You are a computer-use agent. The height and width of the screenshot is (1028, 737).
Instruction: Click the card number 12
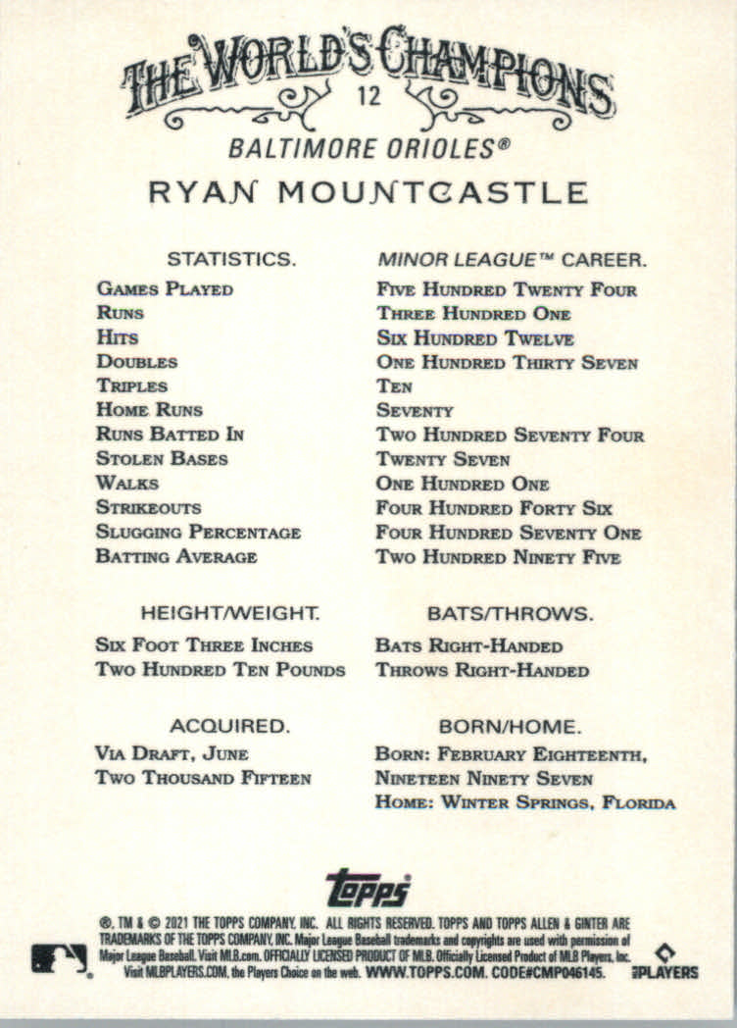pyautogui.click(x=369, y=98)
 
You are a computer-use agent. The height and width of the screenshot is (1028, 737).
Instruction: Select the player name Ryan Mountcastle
pyautogui.click(x=368, y=192)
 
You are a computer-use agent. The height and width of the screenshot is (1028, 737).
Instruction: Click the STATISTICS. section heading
pyautogui.click(x=231, y=260)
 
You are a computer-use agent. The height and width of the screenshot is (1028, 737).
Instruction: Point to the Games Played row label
pyautogui.click(x=165, y=289)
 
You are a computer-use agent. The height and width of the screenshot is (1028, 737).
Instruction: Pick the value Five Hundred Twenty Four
pyautogui.click(x=507, y=289)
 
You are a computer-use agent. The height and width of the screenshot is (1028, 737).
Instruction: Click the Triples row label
pyautogui.click(x=132, y=386)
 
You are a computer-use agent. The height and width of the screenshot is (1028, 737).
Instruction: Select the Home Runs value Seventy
pyautogui.click(x=415, y=411)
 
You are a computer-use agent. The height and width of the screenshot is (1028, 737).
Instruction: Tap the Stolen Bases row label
pyautogui.click(x=162, y=459)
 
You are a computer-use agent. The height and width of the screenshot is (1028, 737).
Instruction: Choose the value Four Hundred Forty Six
pyautogui.click(x=494, y=508)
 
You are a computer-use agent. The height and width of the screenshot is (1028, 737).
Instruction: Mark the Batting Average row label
pyautogui.click(x=176, y=557)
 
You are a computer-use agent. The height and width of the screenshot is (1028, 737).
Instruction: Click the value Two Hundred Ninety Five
pyautogui.click(x=498, y=557)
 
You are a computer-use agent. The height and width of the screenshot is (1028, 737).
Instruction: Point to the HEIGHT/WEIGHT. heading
pyautogui.click(x=230, y=614)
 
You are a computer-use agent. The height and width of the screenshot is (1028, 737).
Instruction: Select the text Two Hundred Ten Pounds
pyautogui.click(x=221, y=671)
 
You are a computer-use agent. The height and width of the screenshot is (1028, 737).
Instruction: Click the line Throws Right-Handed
pyautogui.click(x=482, y=671)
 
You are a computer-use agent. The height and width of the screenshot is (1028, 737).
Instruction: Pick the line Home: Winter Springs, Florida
pyautogui.click(x=525, y=803)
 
